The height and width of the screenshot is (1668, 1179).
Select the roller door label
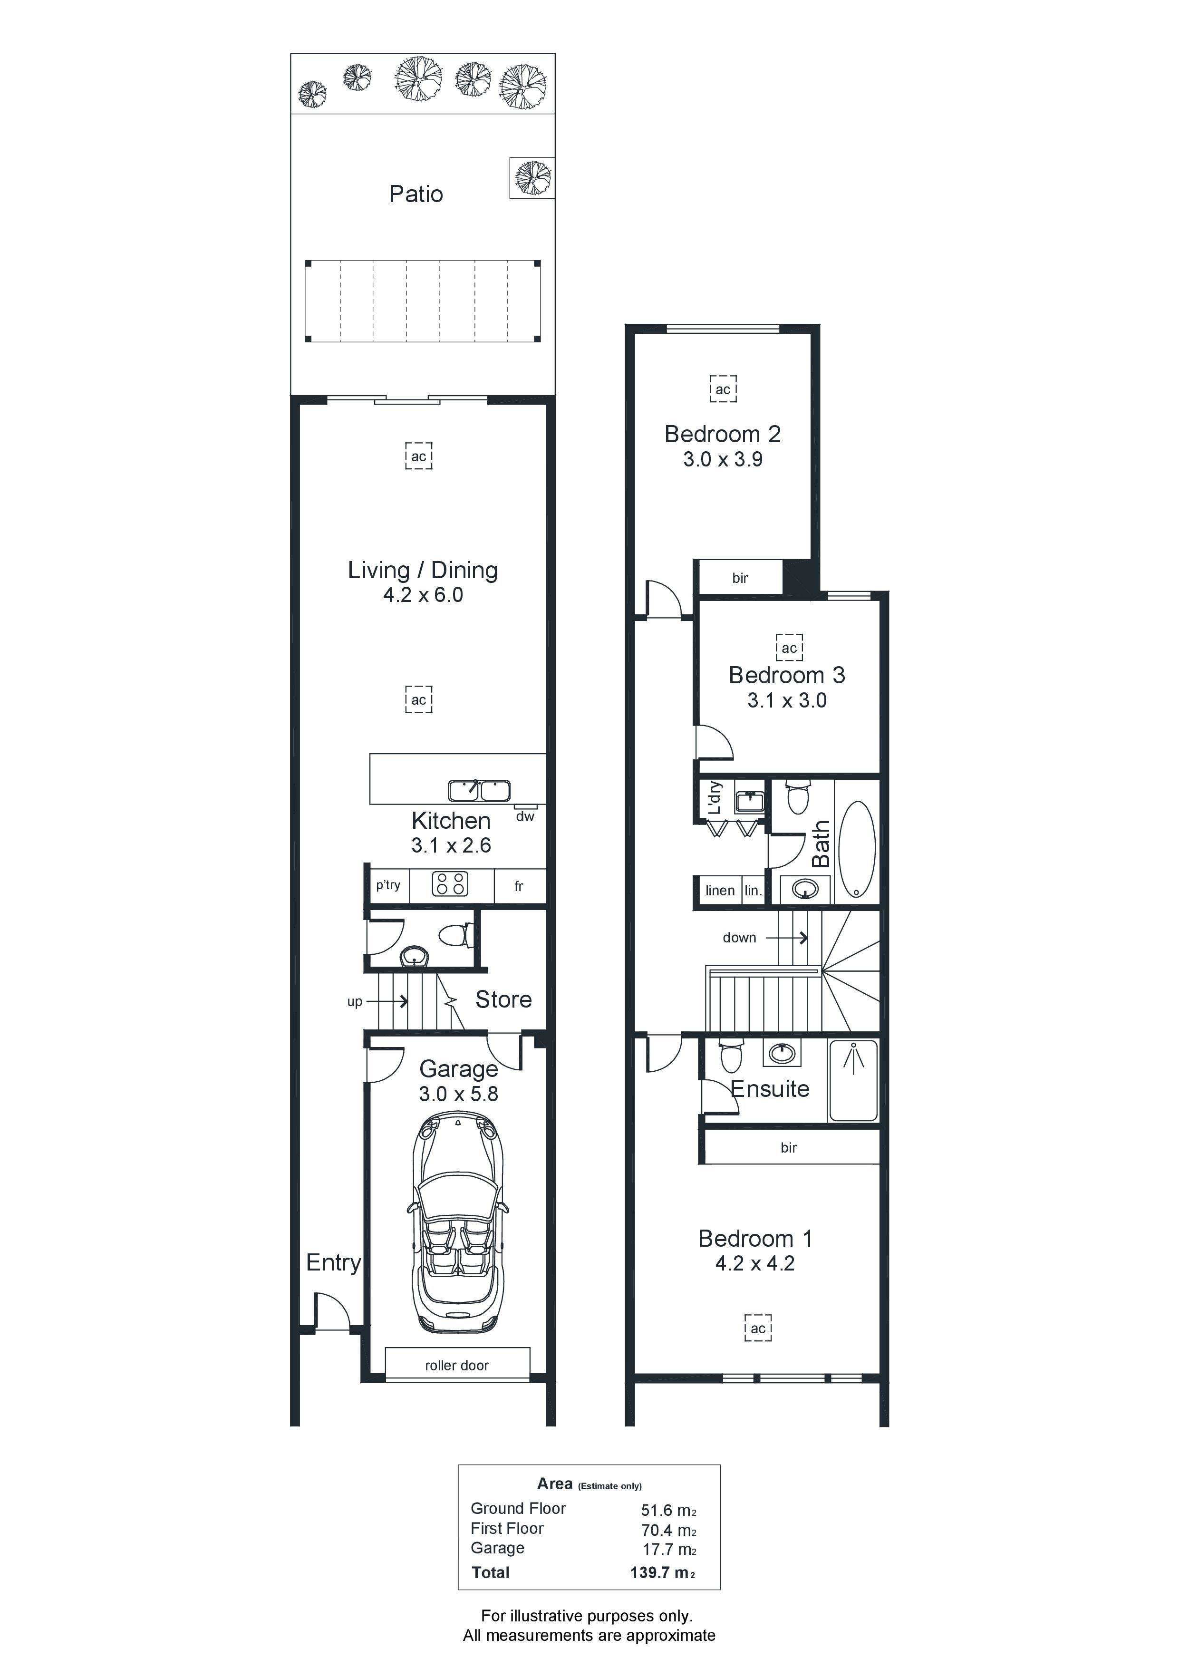point(457,1366)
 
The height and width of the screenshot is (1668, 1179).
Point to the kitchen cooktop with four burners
point(450,884)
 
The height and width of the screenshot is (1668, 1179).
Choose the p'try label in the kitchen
point(388,885)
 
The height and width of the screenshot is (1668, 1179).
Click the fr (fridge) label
point(519,886)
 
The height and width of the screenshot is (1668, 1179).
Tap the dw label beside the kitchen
point(525,816)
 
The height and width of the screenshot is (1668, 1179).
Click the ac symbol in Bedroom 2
point(723,389)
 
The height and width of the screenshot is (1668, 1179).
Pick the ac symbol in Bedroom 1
point(758,1329)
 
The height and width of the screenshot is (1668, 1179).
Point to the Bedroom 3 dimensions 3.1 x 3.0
point(787,701)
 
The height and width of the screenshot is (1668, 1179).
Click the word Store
point(503,999)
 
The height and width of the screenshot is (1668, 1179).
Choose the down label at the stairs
point(740,938)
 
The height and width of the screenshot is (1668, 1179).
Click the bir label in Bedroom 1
point(789,1148)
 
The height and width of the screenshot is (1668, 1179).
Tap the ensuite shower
point(853,1080)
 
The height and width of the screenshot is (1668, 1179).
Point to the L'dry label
point(715,798)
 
